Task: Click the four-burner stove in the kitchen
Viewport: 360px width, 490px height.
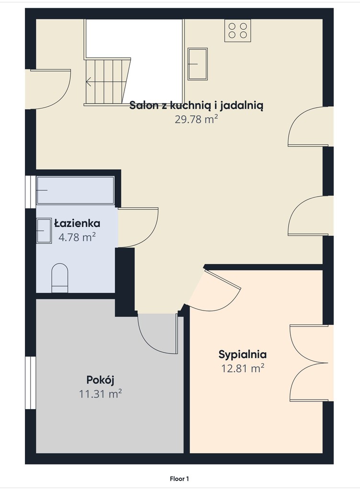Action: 237,30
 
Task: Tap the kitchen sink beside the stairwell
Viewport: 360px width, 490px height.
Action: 198,64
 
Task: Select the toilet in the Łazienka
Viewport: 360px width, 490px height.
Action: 59,278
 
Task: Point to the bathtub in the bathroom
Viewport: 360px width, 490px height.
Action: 75,190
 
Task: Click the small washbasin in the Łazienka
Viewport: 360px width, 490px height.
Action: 44,231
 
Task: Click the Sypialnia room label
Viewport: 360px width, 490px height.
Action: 243,355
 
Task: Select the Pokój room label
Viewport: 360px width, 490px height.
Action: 100,380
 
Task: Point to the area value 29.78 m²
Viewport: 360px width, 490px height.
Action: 196,119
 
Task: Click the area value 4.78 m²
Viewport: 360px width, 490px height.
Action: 77,237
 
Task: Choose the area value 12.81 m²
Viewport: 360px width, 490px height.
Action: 243,368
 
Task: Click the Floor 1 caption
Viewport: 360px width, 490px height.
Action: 180,479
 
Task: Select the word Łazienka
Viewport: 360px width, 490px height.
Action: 77,223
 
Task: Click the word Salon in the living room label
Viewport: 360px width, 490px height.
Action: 144,105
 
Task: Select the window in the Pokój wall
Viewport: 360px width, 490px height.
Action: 31,382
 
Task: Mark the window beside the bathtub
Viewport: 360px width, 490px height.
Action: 31,191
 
